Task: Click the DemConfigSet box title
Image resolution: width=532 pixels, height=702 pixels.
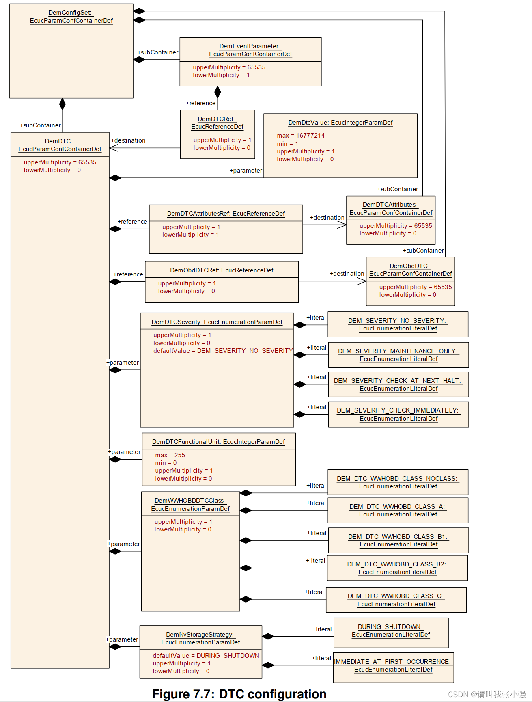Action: [x=71, y=17]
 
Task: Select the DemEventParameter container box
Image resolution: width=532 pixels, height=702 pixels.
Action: [x=250, y=62]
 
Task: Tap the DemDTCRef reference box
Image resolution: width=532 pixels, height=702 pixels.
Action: [x=218, y=134]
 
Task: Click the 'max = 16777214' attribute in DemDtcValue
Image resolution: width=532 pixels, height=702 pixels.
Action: [x=301, y=136]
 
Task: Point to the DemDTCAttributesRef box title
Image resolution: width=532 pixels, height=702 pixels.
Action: [x=226, y=214]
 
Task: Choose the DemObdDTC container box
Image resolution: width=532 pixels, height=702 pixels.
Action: [x=410, y=281]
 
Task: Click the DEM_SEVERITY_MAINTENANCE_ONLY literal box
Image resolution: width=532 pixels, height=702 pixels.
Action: [x=398, y=355]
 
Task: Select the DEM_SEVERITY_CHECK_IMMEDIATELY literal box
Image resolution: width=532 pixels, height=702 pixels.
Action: [x=398, y=415]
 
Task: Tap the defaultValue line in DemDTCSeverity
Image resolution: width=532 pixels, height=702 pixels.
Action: [x=223, y=351]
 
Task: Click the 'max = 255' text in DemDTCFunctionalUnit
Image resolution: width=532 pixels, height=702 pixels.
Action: [x=170, y=455]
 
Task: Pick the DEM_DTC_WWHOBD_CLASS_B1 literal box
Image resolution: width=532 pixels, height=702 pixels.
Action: [x=398, y=540]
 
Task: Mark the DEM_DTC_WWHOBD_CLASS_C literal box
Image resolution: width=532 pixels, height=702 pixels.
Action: [x=396, y=600]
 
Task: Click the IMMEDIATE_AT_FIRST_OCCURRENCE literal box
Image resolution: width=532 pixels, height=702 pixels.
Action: [x=393, y=666]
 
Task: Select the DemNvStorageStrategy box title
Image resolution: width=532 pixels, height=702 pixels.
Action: [x=200, y=638]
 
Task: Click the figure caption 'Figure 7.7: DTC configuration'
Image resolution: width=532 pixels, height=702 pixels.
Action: [x=239, y=694]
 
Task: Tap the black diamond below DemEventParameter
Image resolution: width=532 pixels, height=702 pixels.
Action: [x=218, y=92]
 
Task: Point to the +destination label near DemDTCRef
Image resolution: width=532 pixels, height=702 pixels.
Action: [x=128, y=140]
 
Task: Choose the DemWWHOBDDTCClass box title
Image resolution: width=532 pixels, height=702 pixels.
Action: [x=190, y=505]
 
